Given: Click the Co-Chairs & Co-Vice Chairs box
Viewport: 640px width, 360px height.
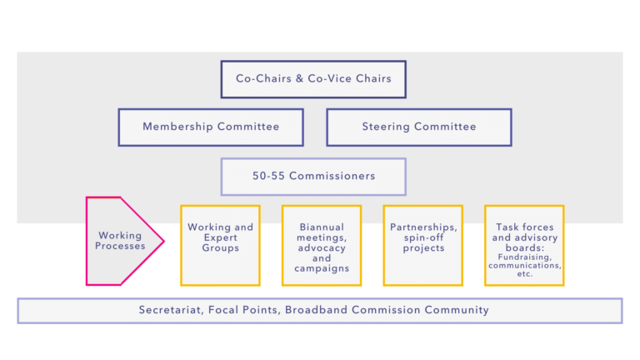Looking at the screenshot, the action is pos(313,79).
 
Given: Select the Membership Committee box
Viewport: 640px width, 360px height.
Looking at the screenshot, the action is pos(211,127).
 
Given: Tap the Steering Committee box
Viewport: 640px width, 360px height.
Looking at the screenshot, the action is pos(419,127).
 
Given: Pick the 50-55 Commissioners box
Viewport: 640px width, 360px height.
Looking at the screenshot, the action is pos(313,177).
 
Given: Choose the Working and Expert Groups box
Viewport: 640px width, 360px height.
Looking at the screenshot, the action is pos(220,245).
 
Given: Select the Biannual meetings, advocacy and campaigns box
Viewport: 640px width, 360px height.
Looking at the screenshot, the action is pos(322,245).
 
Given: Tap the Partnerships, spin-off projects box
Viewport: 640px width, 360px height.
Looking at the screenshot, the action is pos(422,245).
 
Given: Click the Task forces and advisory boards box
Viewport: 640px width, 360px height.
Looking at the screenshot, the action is pos(524,245).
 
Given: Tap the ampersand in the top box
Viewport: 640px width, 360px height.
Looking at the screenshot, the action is pos(300,78).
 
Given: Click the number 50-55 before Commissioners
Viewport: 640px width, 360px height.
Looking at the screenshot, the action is pos(268,176).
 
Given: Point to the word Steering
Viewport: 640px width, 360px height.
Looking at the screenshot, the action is pos(386,127).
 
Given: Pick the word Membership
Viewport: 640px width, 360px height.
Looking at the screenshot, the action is pos(178,127).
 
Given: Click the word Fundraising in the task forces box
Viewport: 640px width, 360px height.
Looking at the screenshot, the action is pos(525,257).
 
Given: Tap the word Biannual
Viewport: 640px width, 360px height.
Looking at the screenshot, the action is pos(322,227).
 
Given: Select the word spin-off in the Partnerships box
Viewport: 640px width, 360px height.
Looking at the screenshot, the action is pos(422,237).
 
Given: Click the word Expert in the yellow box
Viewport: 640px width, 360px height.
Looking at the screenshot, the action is pos(220,237).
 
